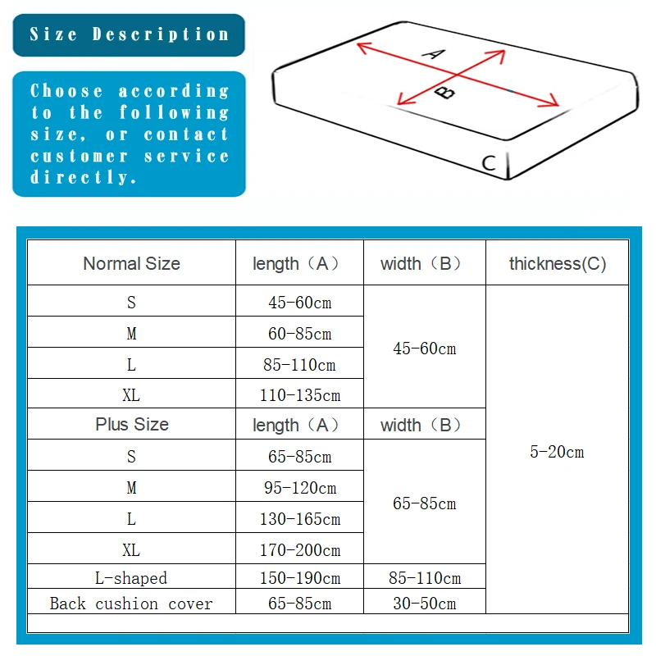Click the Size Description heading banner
[129, 34]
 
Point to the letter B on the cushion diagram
[444, 91]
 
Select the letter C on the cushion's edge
[489, 163]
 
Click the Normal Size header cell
[131, 264]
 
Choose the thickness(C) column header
[557, 264]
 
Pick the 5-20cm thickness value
[557, 452]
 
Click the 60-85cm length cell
[299, 334]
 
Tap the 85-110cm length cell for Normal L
[299, 364]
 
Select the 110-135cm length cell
[299, 395]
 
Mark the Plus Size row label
[131, 425]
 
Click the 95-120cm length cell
[299, 488]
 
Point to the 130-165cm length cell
[299, 519]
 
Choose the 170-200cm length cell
[299, 550]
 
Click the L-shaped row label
[131, 578]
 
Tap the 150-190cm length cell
[299, 578]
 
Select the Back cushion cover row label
[131, 604]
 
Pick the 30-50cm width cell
[424, 604]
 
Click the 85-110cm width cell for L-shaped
[424, 578]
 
